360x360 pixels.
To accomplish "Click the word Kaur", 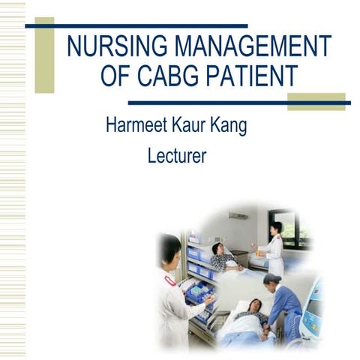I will pyautogui.click(x=195, y=125).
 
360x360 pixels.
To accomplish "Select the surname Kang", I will pyautogui.click(x=230, y=125).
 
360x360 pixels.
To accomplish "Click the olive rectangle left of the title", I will pyautogui.click(x=44, y=55).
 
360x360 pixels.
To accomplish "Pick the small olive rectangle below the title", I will pyautogui.click(x=316, y=101).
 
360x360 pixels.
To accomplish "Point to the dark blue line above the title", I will pyautogui.click(x=136, y=25).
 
